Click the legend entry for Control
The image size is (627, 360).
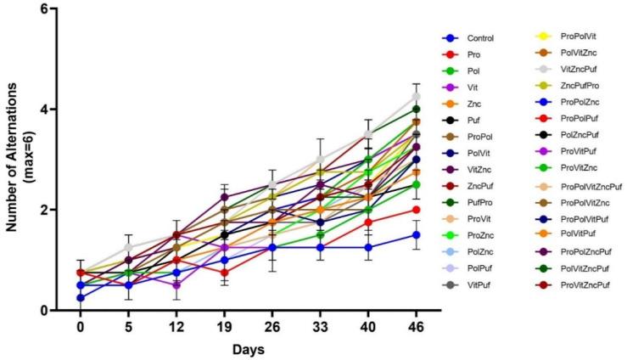[479, 38]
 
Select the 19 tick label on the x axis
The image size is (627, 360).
[176, 326]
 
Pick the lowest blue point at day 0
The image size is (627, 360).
[81, 298]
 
